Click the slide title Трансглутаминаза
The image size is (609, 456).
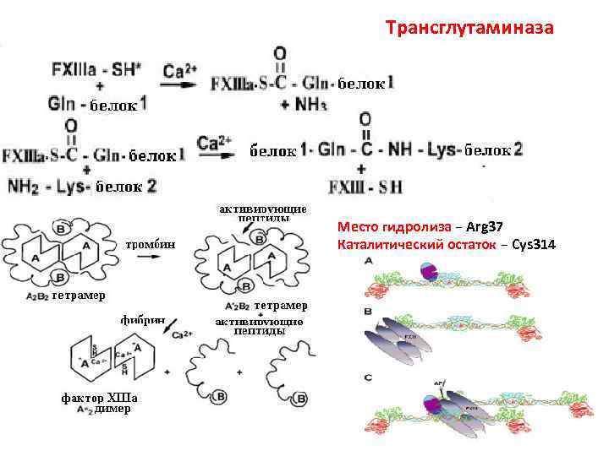click(x=469, y=29)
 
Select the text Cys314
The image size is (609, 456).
click(x=535, y=245)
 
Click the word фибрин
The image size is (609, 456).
click(x=141, y=322)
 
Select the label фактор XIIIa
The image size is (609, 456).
click(x=98, y=398)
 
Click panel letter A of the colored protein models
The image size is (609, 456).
click(x=369, y=262)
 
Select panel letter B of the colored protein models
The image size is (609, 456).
click(x=369, y=312)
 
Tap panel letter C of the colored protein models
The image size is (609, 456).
click(x=369, y=377)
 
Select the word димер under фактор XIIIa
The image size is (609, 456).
click(x=112, y=410)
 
